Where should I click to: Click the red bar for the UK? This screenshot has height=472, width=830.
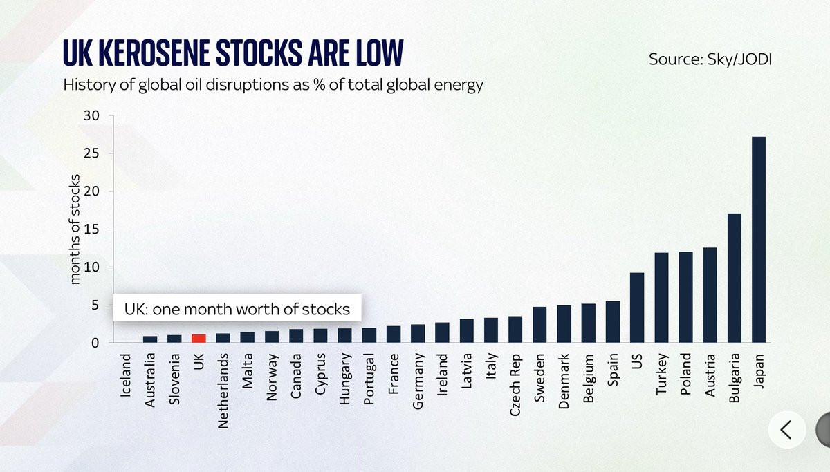coord(199,339)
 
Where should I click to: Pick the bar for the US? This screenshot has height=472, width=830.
coord(637,308)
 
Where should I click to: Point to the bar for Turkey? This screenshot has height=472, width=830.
coord(661,298)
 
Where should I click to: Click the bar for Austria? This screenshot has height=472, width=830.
coord(710,295)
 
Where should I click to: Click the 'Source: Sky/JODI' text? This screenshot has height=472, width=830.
coord(710,59)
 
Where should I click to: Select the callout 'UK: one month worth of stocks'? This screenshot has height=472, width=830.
coord(237,309)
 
